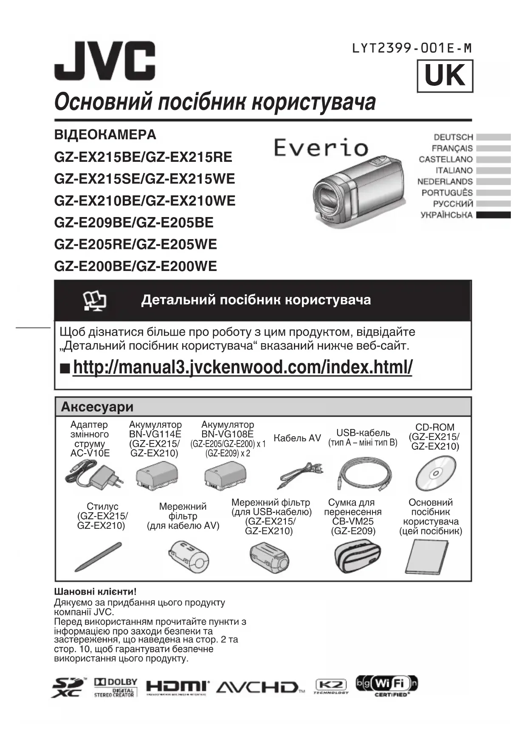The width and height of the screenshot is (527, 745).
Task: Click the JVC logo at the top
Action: pyautogui.click(x=104, y=60)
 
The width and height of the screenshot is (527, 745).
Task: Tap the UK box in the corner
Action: pyautogui.click(x=445, y=76)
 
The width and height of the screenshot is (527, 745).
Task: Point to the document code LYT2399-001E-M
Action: pyautogui.click(x=411, y=48)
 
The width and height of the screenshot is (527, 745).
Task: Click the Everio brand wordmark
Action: pyautogui.click(x=321, y=147)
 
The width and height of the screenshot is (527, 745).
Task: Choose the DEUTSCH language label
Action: pyautogui.click(x=453, y=137)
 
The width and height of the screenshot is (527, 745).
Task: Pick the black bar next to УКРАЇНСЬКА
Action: pyautogui.click(x=493, y=215)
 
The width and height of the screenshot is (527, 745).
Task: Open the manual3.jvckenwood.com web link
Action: pyautogui.click(x=242, y=367)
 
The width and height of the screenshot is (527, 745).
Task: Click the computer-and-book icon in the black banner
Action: pyautogui.click(x=95, y=301)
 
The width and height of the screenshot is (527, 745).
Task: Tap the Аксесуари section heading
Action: pyautogui.click(x=97, y=407)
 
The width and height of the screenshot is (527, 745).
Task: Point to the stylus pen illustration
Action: pyautogui.click(x=98, y=557)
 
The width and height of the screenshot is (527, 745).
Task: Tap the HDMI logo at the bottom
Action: pyautogui.click(x=178, y=687)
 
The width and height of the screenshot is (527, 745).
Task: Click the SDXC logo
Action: pyautogui.click(x=68, y=687)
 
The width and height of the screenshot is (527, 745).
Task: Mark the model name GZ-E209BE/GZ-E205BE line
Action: pyautogui.click(x=134, y=223)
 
